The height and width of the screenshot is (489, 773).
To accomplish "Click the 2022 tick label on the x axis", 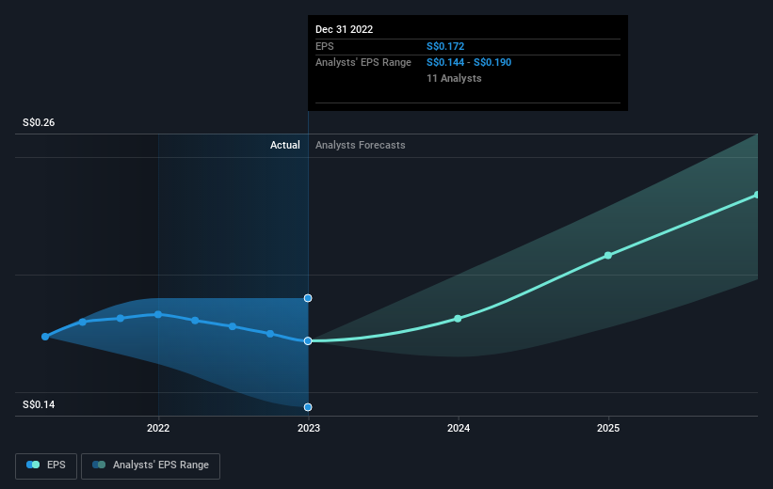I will pos(158,429).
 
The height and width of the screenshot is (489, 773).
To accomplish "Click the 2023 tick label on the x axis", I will pos(308,429).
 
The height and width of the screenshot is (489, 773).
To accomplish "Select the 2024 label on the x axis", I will pos(459,429).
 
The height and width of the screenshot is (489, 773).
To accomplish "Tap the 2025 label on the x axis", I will pos(608,429).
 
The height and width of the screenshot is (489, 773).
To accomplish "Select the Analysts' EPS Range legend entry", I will pos(151,465).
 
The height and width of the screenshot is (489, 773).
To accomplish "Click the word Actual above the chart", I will pos(284,145).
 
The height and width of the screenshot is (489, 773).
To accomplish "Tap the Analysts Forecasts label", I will pos(361,145).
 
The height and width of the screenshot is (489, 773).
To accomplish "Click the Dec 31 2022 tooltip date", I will pos(345,29).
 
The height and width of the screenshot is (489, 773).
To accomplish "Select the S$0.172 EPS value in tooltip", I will pos(445,45).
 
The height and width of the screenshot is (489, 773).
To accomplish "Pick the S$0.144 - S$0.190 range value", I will pos(469,62).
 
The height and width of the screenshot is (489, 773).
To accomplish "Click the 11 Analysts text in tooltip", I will pos(454,78).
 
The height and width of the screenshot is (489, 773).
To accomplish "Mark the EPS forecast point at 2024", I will pos(458,318).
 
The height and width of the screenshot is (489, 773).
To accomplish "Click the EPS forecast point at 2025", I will pos(608,255).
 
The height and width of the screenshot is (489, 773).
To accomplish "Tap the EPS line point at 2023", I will pos(308,340).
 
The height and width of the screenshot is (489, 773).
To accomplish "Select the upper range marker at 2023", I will pos(308,298).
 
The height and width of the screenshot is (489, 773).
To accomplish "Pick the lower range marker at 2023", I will pos(308,407).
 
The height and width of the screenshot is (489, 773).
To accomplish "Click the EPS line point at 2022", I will pos(158,314).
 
